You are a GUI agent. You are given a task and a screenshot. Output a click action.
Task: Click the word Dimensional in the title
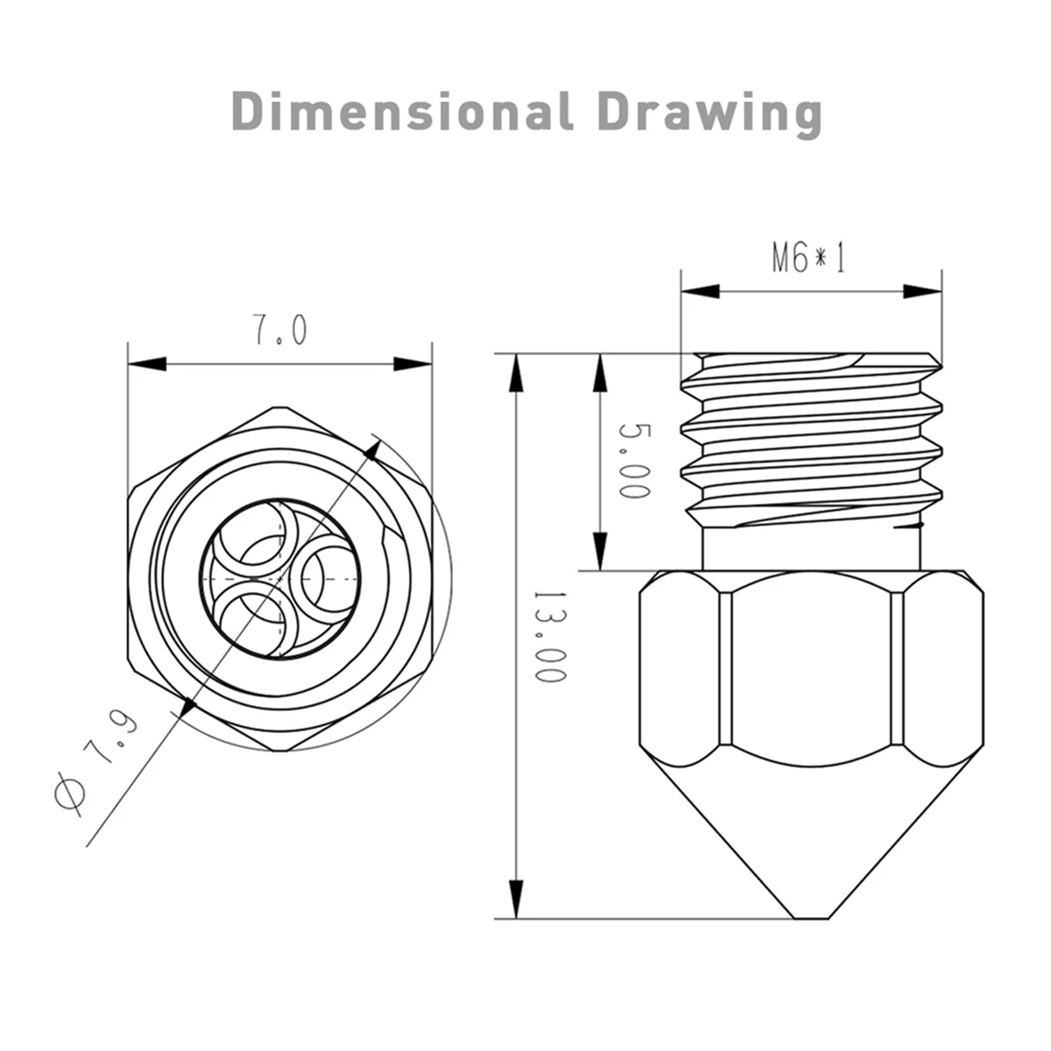(x=402, y=111)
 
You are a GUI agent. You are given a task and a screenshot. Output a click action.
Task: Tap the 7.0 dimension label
(x=279, y=330)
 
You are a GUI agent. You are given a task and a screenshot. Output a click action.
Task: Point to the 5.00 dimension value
(x=634, y=461)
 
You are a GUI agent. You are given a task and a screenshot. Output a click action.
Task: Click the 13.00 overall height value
(x=551, y=637)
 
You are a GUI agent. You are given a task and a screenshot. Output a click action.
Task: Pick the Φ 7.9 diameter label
(x=95, y=763)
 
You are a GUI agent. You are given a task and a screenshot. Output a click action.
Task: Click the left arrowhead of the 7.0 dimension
(x=147, y=363)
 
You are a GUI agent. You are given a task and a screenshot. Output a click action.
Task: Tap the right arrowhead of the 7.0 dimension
(x=413, y=363)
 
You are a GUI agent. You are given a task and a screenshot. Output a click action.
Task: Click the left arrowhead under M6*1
(x=701, y=292)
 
